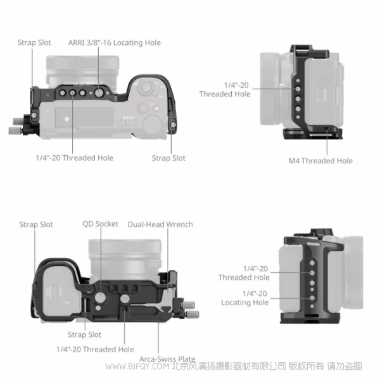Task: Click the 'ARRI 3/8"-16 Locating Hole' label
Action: tap(114, 42)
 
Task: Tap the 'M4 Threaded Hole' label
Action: tap(320, 161)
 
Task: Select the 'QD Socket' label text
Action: tap(100, 224)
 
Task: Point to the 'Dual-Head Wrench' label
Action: tap(160, 224)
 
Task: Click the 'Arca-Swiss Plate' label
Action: tap(167, 359)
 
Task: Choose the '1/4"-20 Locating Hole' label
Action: tap(245, 298)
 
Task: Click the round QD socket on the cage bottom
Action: tap(101, 298)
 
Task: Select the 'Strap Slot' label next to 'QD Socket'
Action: tap(36, 224)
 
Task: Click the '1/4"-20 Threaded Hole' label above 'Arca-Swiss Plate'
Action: tap(95, 349)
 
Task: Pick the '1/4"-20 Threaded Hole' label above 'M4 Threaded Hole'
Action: tap(225, 89)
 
